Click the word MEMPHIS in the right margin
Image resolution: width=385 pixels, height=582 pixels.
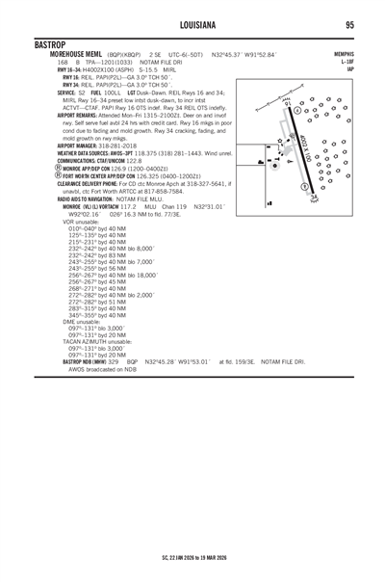(346, 55)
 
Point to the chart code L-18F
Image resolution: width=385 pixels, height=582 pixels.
(350, 62)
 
